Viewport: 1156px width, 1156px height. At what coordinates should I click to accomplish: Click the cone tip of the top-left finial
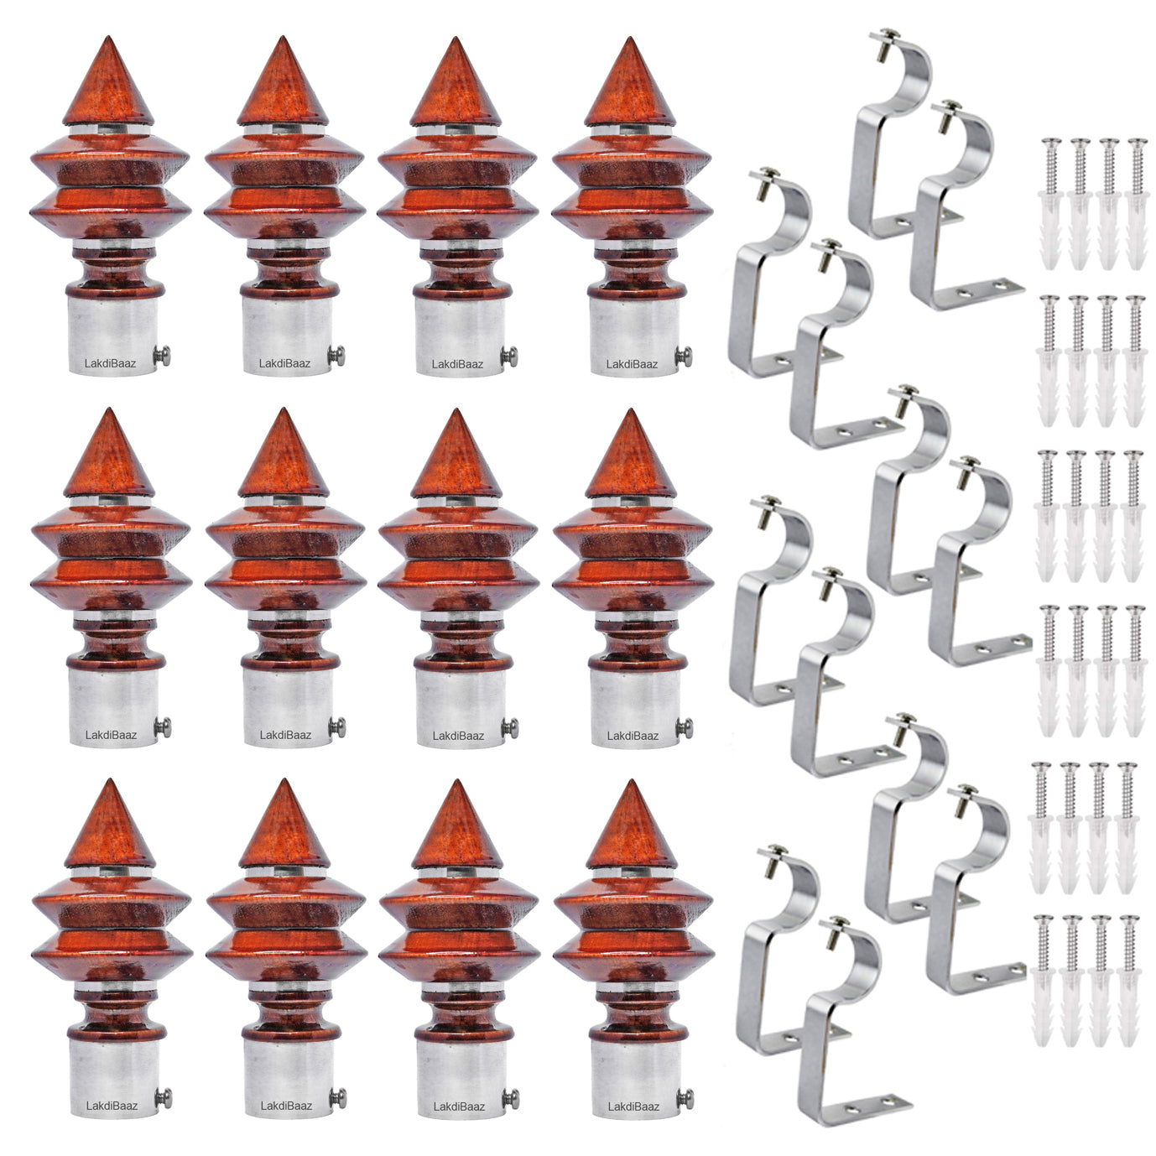pos(108,37)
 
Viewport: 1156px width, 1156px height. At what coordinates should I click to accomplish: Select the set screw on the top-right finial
pos(684,357)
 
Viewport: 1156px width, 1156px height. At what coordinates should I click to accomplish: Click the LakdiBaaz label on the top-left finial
pos(111,363)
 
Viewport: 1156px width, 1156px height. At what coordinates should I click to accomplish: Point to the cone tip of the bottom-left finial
pos(110,781)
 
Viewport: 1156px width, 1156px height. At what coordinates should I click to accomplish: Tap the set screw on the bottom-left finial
pos(163,1098)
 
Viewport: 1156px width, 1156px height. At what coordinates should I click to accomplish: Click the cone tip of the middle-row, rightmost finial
pos(631,410)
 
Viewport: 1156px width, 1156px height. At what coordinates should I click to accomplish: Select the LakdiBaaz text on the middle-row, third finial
pos(458,736)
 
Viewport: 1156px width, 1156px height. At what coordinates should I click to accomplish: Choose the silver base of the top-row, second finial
pos(286,336)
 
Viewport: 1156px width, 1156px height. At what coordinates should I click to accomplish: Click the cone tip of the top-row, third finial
pos(456,39)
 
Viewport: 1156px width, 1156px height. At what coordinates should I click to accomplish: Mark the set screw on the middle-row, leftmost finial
pos(162,727)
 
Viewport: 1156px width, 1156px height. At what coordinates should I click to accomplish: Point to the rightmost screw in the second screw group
pos(1135,361)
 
